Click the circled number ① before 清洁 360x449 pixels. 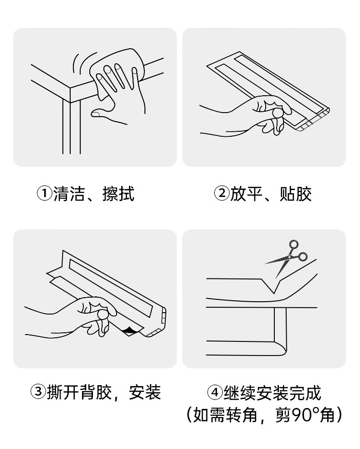44,194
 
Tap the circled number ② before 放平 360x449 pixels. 222,194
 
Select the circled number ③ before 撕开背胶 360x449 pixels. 38,392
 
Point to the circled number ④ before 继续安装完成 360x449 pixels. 215,392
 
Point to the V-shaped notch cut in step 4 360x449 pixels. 273,286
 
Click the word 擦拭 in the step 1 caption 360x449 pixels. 118,194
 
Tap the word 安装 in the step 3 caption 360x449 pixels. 145,392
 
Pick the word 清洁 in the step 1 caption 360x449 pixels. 69,194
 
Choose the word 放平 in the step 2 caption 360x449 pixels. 247,194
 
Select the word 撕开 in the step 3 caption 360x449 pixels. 63,392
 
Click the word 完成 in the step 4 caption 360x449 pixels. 305,392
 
